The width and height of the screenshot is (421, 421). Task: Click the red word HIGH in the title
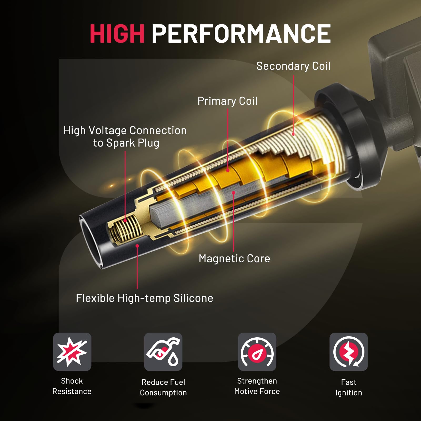coord(117,33)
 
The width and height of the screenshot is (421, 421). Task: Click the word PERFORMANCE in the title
coord(241,33)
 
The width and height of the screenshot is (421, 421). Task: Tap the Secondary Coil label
coord(293,66)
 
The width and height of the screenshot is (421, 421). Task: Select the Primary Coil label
coord(227,101)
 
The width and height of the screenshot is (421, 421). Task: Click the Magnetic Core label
coord(234,258)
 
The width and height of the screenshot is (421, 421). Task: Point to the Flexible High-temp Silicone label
coord(144,298)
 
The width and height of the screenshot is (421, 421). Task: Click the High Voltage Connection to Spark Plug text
coord(125,137)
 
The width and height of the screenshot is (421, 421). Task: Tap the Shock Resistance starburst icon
coord(72,352)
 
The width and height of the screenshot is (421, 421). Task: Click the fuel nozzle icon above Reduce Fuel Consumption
coord(163,352)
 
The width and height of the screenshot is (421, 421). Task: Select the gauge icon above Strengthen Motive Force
coord(257,352)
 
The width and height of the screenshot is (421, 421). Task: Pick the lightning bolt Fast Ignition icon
coord(348,352)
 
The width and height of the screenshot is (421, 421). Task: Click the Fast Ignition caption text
coord(348,387)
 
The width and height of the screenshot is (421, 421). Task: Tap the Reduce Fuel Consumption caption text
coord(163,387)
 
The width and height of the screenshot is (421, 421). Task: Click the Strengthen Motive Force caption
coord(257,386)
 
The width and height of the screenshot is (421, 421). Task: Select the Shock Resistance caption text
coord(72,386)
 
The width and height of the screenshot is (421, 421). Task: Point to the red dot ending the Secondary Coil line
coord(293,134)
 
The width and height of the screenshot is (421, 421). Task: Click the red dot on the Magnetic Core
coord(233,193)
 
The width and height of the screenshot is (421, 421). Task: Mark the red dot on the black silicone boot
coord(137,246)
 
